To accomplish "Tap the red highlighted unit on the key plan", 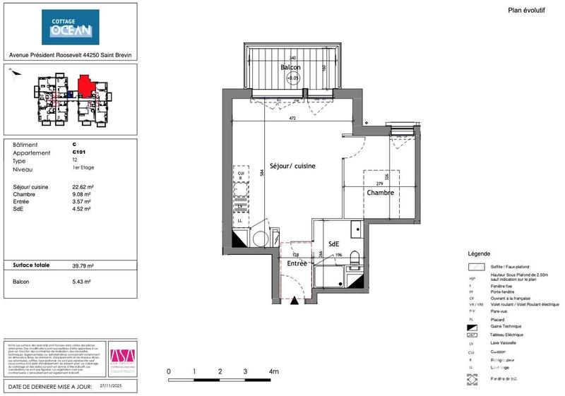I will coord(85,87).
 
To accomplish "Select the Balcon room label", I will coord(290,68).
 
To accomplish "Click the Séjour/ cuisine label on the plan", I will coord(292,165).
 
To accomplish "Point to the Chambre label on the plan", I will coord(379,192).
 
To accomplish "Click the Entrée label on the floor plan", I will coord(296,263).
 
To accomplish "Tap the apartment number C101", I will coord(78,152).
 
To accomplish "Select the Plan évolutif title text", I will coord(527,10).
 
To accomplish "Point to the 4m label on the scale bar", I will coord(273,371).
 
